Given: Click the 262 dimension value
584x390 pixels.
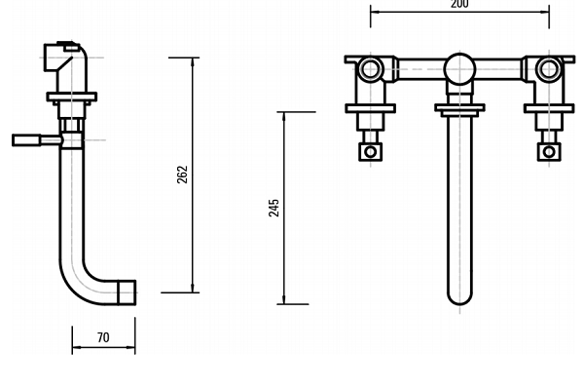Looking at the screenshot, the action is click(x=182, y=175).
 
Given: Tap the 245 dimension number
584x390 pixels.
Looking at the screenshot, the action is click(x=274, y=208).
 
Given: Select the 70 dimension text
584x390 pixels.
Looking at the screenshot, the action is click(x=103, y=337).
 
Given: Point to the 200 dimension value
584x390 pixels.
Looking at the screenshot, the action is click(x=459, y=4).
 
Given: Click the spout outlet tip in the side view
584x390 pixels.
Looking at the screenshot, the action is click(x=127, y=292).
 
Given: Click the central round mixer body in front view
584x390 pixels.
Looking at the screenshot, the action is click(x=460, y=69).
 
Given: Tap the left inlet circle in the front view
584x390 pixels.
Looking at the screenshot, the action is click(x=370, y=69).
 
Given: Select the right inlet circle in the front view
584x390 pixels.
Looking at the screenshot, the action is click(x=549, y=69).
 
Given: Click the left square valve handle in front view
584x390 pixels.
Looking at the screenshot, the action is click(x=370, y=151).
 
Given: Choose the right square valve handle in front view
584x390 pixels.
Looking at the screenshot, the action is click(x=549, y=151).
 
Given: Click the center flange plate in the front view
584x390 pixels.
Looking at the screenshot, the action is click(x=460, y=108).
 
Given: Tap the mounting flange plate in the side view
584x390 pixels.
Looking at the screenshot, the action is click(x=72, y=97).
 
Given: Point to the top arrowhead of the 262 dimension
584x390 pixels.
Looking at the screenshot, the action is click(x=193, y=62).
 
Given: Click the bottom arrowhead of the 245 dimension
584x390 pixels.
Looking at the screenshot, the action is click(x=284, y=299).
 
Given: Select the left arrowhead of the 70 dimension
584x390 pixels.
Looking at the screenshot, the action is click(x=77, y=347).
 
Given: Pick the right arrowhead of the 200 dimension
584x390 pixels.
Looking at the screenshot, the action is click(x=544, y=12).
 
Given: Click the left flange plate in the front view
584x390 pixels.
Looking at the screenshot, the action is click(x=370, y=108).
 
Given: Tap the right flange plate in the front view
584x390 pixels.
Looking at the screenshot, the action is click(x=549, y=108).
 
